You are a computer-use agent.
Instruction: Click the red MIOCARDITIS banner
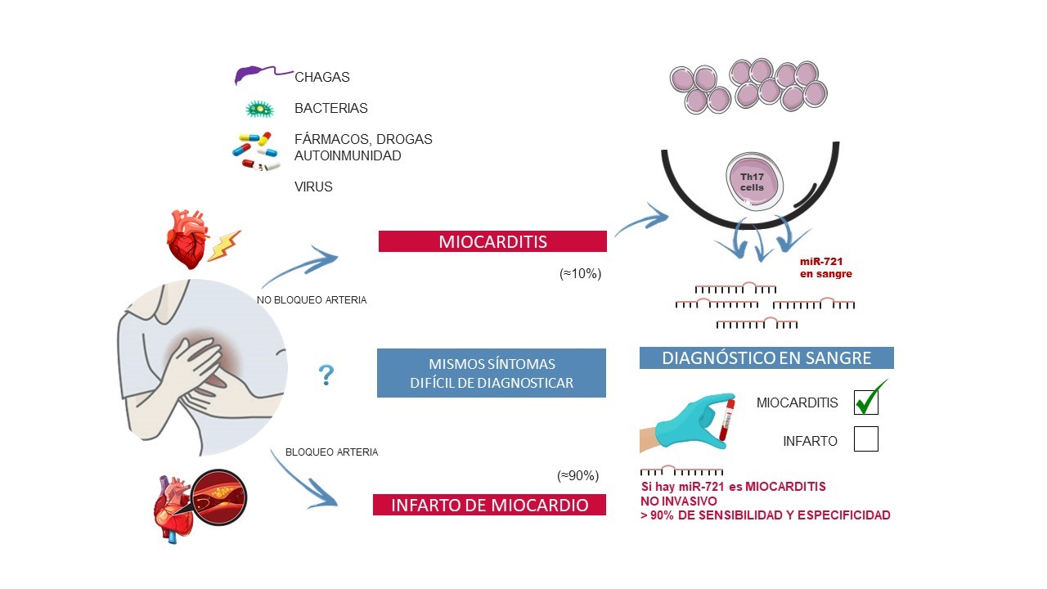(492, 241)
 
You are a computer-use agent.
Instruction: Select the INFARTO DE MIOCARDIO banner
(489, 505)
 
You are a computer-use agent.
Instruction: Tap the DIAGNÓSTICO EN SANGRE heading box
(766, 357)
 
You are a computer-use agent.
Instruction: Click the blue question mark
(326, 375)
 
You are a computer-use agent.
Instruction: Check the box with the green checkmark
(866, 402)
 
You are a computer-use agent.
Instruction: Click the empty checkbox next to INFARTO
(866, 439)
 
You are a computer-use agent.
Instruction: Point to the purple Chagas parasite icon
(263, 74)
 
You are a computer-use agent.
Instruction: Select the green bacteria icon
(260, 109)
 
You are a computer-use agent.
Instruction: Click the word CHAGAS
(322, 77)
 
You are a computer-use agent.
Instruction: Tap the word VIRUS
(313, 187)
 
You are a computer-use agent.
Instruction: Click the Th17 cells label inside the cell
(752, 182)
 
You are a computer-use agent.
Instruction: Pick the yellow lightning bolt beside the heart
(224, 245)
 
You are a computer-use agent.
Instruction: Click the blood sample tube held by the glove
(727, 420)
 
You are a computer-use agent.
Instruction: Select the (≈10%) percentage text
(580, 273)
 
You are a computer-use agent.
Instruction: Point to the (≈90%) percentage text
(577, 476)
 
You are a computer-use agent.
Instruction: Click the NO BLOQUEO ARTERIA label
(312, 300)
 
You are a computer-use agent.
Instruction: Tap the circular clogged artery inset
(219, 497)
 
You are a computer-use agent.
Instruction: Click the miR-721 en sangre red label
(826, 268)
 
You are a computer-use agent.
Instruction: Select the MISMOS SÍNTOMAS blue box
(492, 373)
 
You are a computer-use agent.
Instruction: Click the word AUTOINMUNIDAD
(348, 155)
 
